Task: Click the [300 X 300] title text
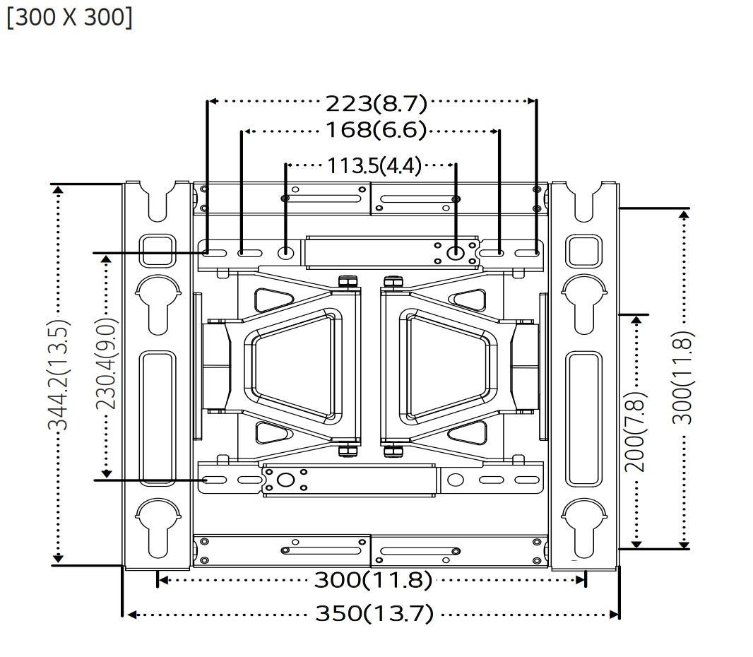tap(69, 17)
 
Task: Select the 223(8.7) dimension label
tap(376, 103)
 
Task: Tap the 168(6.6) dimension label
tap(376, 130)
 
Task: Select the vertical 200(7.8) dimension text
tap(635, 431)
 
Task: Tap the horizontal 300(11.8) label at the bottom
tap(372, 580)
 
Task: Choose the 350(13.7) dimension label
tap(374, 613)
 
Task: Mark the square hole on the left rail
tap(158, 250)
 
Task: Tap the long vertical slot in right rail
tap(585, 418)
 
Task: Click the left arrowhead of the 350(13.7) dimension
tap(129, 615)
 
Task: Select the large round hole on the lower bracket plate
tap(285, 480)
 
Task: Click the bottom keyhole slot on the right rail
tap(584, 526)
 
